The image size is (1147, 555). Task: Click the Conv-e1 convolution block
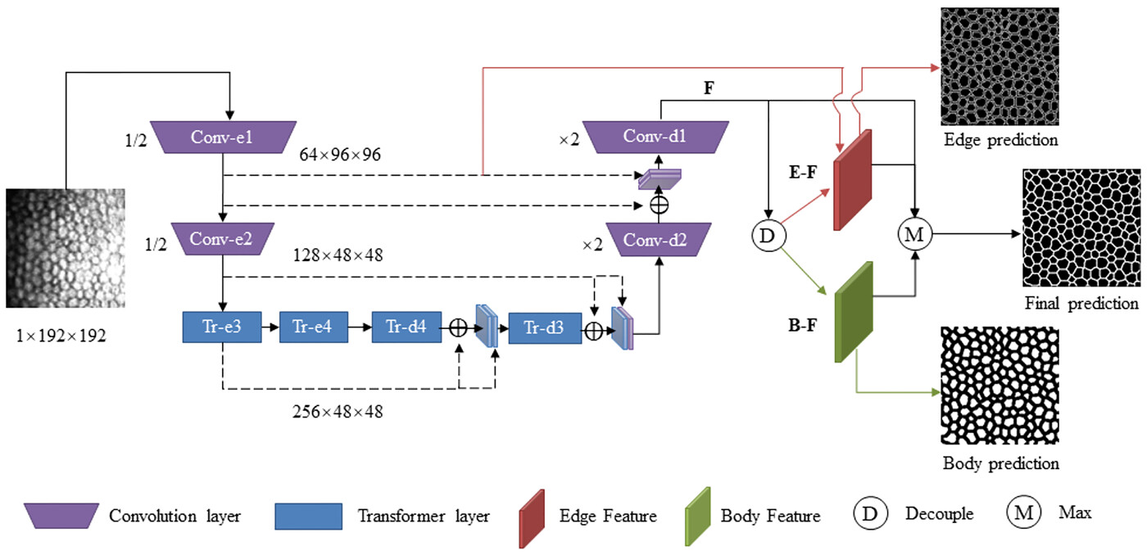point(223,137)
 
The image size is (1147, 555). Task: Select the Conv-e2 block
point(222,239)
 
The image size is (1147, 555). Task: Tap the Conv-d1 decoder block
point(655,137)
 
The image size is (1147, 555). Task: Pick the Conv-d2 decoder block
point(659,239)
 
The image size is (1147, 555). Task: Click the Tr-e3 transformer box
point(222,327)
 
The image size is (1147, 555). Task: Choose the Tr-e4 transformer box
point(313,327)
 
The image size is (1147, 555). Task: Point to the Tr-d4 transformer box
point(406,327)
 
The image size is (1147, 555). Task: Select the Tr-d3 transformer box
point(545,328)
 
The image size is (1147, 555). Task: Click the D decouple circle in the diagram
point(768,235)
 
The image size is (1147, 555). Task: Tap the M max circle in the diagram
point(915,234)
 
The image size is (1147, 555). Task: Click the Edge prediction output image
point(1000,66)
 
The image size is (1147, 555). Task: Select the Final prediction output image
point(1082,228)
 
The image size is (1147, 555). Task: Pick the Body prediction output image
point(1000,386)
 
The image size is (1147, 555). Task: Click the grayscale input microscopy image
point(66,248)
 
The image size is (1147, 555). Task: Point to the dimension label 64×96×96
point(340,155)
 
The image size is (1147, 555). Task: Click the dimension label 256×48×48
point(338,412)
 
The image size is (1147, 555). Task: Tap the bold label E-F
point(802,173)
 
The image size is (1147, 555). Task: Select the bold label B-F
point(802,325)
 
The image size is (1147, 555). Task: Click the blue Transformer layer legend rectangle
point(308,517)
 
